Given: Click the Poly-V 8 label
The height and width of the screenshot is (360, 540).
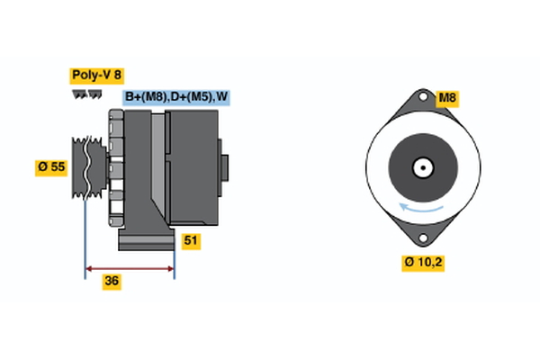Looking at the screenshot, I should click(x=95, y=76).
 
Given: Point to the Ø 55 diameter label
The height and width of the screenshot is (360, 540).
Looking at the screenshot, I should click(x=51, y=166).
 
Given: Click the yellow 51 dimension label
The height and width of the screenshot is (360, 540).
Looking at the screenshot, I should click(x=190, y=240).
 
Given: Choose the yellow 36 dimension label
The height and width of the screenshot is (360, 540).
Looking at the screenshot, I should click(x=111, y=281).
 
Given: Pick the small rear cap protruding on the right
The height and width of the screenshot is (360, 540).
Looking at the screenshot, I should click(x=225, y=168).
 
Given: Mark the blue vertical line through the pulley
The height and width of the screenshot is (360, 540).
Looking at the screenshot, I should click(x=85, y=225).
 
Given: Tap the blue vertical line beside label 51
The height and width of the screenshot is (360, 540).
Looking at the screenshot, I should click(x=174, y=243).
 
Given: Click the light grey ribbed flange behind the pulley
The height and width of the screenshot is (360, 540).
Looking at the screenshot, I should click(x=114, y=166).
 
